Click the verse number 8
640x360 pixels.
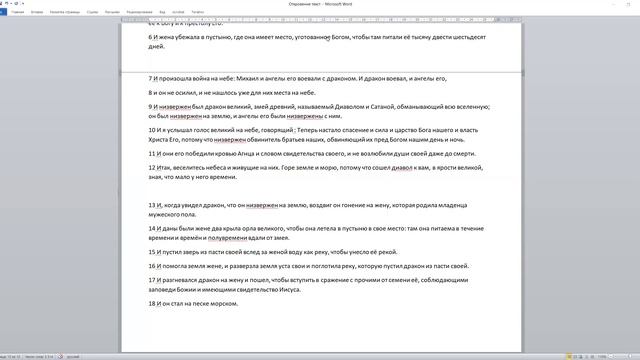150,91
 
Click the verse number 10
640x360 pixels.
152,129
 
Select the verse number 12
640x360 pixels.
152,167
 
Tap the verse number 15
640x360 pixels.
152,252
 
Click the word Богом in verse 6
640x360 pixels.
345,36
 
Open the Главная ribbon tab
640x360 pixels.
18,12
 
